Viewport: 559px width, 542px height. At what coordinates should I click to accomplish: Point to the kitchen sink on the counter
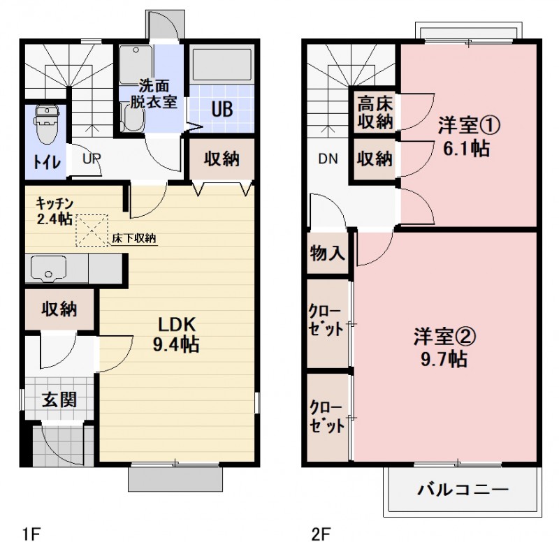pos(46,268)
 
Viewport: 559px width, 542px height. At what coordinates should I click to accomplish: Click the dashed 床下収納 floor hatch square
pos(89,230)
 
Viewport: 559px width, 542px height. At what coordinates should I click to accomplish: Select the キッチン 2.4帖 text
pos(55,212)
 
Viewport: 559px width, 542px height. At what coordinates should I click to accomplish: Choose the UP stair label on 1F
pos(92,157)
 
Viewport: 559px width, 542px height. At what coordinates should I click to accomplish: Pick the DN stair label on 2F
pos(328,158)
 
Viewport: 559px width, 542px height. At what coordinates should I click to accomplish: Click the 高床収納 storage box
pos(375,112)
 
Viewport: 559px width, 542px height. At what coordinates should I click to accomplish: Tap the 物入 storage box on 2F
pos(327,252)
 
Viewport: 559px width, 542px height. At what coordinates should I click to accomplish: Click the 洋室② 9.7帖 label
pos(445,347)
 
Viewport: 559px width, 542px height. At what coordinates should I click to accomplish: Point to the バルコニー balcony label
pos(463,489)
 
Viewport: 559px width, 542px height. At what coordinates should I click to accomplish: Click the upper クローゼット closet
pos(327,322)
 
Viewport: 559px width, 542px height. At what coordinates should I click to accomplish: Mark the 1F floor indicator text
pos(31,533)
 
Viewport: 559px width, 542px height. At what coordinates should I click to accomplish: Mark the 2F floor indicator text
pos(321,533)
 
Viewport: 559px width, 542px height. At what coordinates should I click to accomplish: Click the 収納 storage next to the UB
pos(222,159)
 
